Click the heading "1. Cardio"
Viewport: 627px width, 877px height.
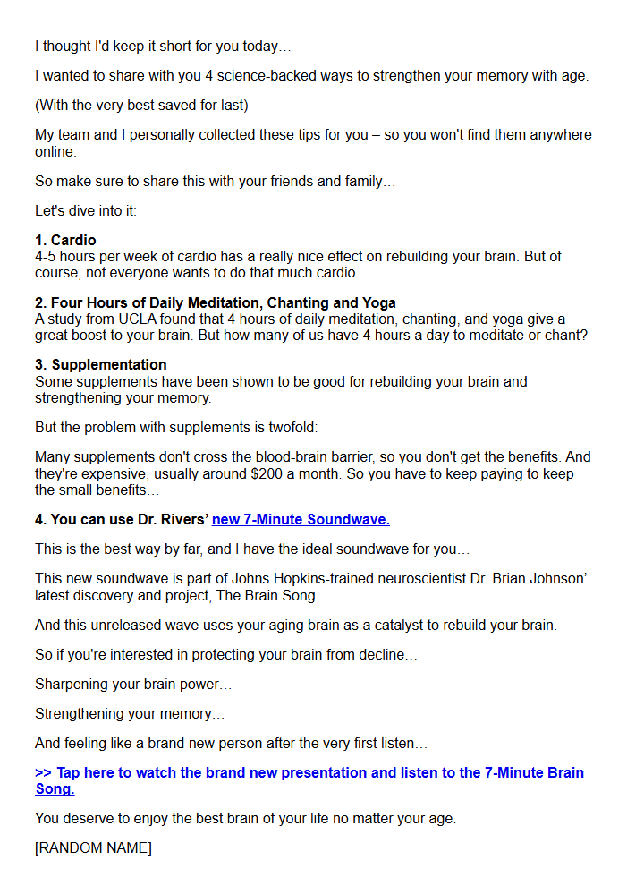click(x=65, y=240)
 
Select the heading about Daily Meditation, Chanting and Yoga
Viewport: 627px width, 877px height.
click(x=215, y=302)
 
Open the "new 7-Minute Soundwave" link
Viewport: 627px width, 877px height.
click(x=301, y=519)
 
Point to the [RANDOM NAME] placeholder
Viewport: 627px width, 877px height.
click(x=93, y=847)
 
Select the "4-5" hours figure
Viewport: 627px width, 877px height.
click(x=47, y=256)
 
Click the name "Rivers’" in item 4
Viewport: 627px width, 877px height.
click(x=184, y=519)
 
